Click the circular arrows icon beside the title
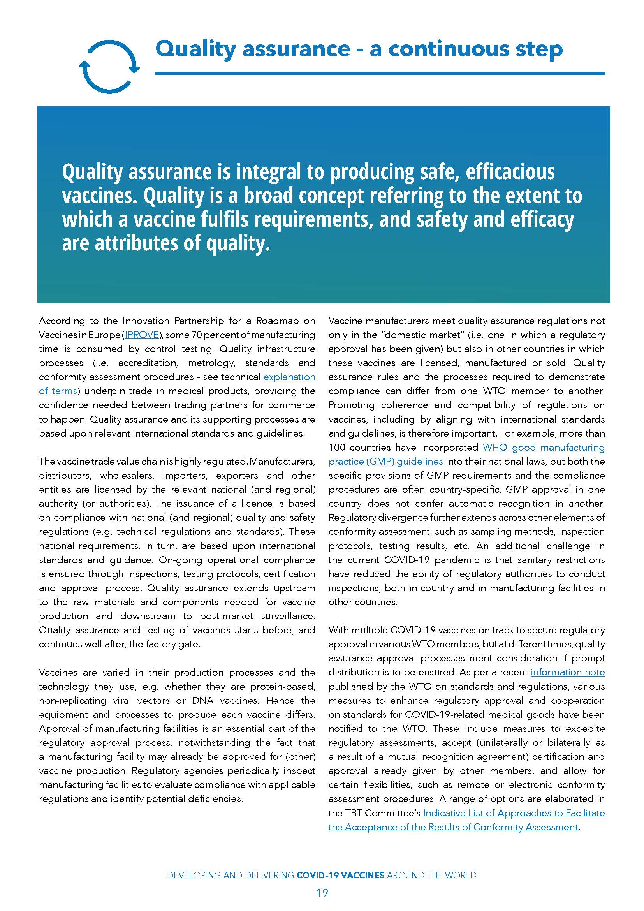109,67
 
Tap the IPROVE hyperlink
142,335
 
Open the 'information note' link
567,672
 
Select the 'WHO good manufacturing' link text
543,447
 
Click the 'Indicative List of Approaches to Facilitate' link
514,813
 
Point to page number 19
322,893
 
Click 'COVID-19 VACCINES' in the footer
340,875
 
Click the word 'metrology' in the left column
210,363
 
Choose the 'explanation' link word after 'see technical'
289,377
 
